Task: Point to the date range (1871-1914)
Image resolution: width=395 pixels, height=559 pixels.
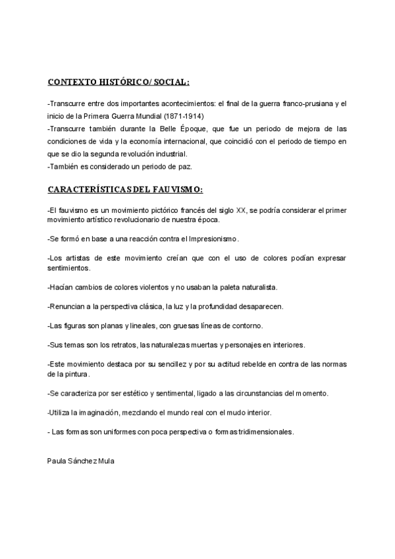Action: click(184, 116)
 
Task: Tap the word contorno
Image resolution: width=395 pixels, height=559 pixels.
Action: click(247, 326)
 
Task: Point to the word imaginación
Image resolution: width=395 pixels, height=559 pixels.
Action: click(92, 413)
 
